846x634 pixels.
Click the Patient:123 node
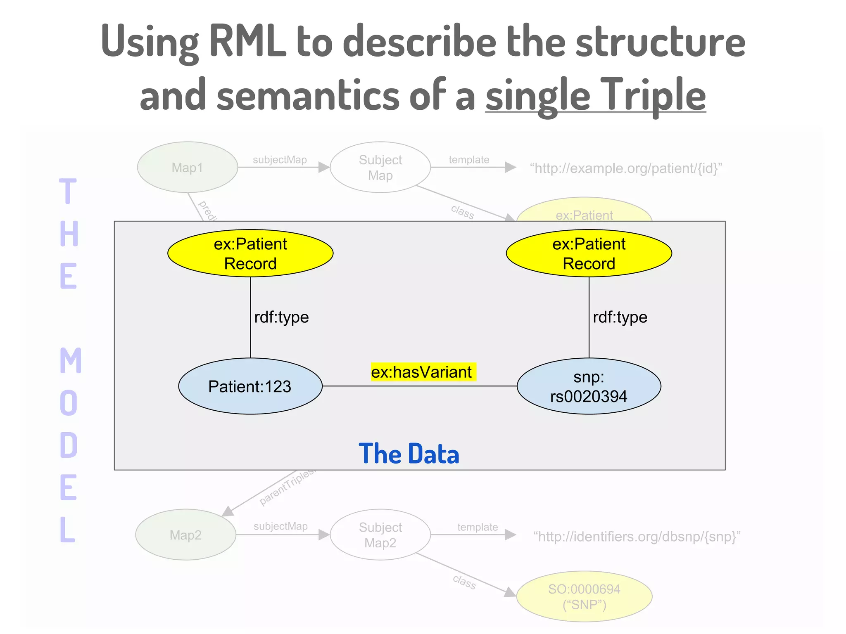(250, 386)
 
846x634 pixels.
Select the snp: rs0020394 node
(589, 386)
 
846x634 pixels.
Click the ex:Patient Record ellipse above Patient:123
(250, 253)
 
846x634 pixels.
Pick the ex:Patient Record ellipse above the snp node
(589, 253)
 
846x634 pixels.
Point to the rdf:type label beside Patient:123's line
(281, 317)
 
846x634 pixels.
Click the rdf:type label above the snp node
(620, 317)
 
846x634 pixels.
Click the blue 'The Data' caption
(409, 454)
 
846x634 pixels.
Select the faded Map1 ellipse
(187, 167)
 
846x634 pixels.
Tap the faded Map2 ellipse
(185, 535)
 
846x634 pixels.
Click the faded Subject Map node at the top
(380, 167)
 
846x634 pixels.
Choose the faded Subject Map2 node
(380, 535)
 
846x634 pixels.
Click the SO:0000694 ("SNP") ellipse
(584, 596)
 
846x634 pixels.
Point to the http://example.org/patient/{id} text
(625, 168)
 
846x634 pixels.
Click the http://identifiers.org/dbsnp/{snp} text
(636, 536)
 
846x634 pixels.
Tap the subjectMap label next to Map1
(280, 160)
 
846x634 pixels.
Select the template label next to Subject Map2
(477, 527)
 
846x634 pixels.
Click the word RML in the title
(247, 41)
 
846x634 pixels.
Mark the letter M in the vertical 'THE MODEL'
(70, 360)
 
